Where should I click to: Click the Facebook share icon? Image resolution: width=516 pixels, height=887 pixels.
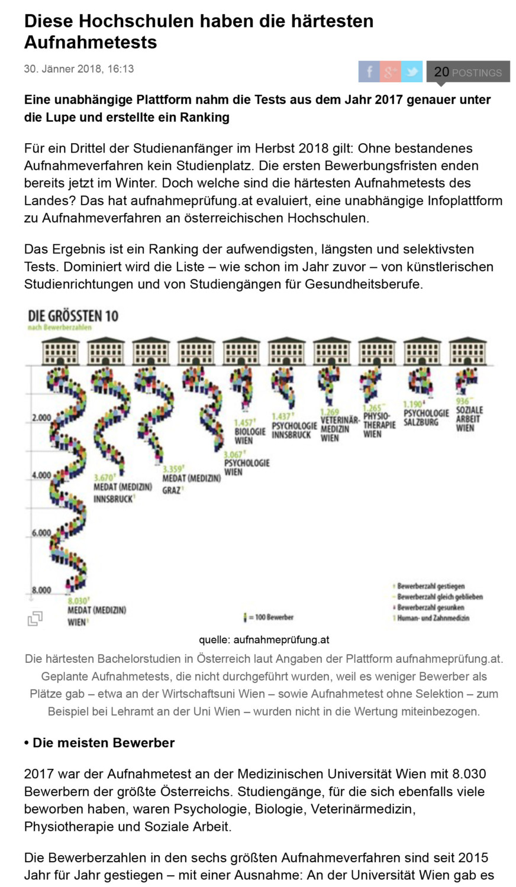pos(369,72)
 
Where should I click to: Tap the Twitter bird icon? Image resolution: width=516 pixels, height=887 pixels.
pos(412,72)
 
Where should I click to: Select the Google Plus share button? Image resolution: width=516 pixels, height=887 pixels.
pos(390,72)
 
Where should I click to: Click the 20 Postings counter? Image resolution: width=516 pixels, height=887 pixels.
pos(467,72)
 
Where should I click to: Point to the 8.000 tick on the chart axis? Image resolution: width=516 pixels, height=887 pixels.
pos(41,590)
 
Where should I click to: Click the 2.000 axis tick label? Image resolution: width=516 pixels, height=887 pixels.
pos(41,418)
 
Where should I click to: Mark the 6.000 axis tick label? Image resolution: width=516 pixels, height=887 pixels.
pos(41,533)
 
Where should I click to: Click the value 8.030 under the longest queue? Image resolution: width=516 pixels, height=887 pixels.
pos(78,600)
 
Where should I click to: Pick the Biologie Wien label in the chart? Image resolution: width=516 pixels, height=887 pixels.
pos(250,436)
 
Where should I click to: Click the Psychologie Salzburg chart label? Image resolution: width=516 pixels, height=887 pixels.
pos(426,417)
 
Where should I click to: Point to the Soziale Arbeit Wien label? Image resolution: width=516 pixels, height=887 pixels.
pos(469,419)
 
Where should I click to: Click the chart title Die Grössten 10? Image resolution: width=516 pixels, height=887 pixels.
pos(73,316)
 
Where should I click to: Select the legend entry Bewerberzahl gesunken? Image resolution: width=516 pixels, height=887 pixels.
pos(430,607)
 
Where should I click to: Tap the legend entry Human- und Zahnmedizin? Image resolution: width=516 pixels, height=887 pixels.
pos(433,618)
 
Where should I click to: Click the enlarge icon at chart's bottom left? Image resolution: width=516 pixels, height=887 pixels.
pos(35,619)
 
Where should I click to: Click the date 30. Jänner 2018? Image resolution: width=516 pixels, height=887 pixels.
pos(79,69)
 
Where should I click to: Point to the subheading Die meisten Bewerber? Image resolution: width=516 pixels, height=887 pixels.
pos(99,743)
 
